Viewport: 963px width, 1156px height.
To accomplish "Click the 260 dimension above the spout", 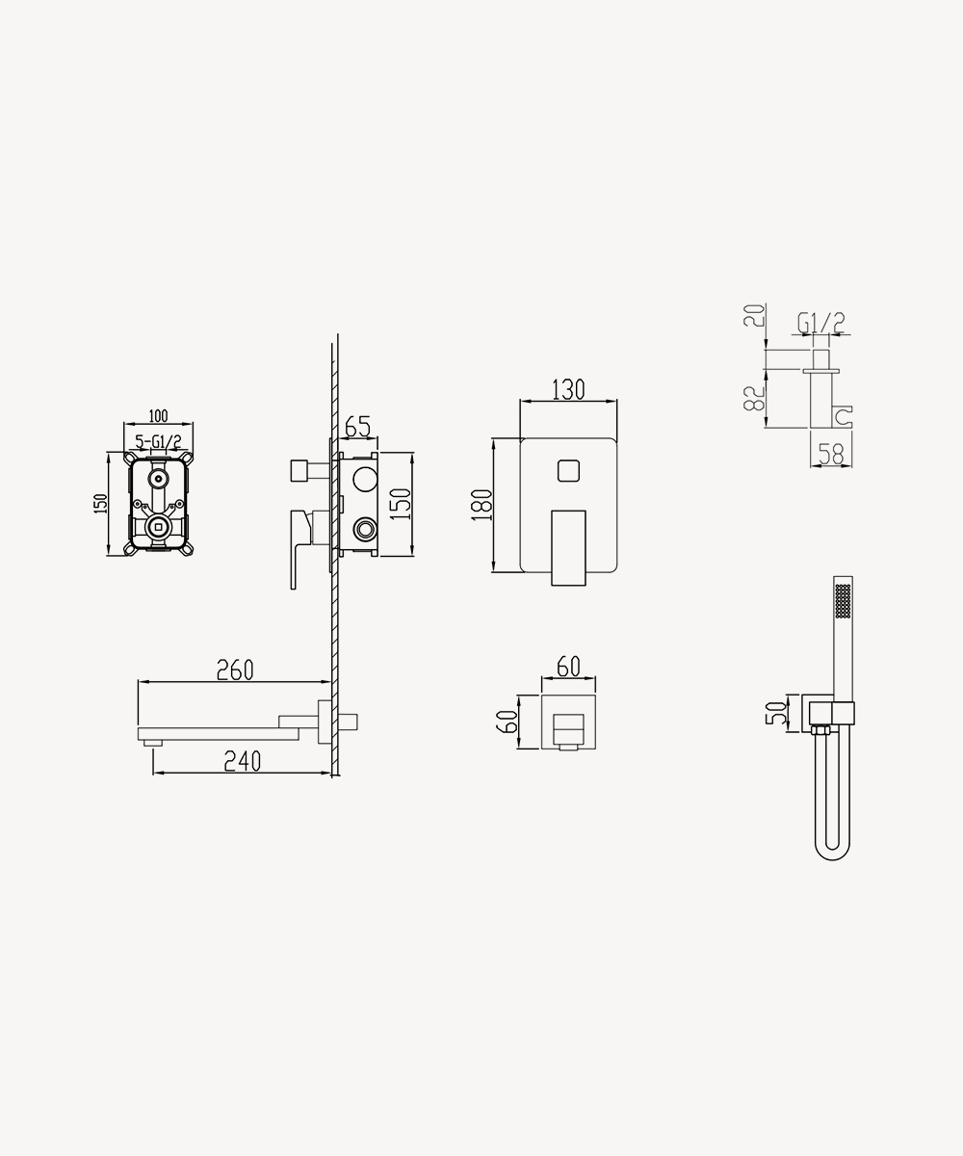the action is coord(235,670).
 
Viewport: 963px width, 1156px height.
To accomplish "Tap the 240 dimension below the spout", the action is coord(243,761).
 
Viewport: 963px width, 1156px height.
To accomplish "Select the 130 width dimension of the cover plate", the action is coord(568,390).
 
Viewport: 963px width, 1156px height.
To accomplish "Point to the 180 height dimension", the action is coord(481,505).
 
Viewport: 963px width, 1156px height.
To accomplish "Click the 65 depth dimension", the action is coord(357,427).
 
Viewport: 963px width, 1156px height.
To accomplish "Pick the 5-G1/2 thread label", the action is coord(158,442).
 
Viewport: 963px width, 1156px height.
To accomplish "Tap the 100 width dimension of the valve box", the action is coord(158,415).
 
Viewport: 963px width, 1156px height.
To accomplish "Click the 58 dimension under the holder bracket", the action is coord(831,455).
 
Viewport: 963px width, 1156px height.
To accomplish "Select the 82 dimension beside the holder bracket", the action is coord(754,398).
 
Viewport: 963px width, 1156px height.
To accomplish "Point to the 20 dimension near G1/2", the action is coord(754,316).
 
